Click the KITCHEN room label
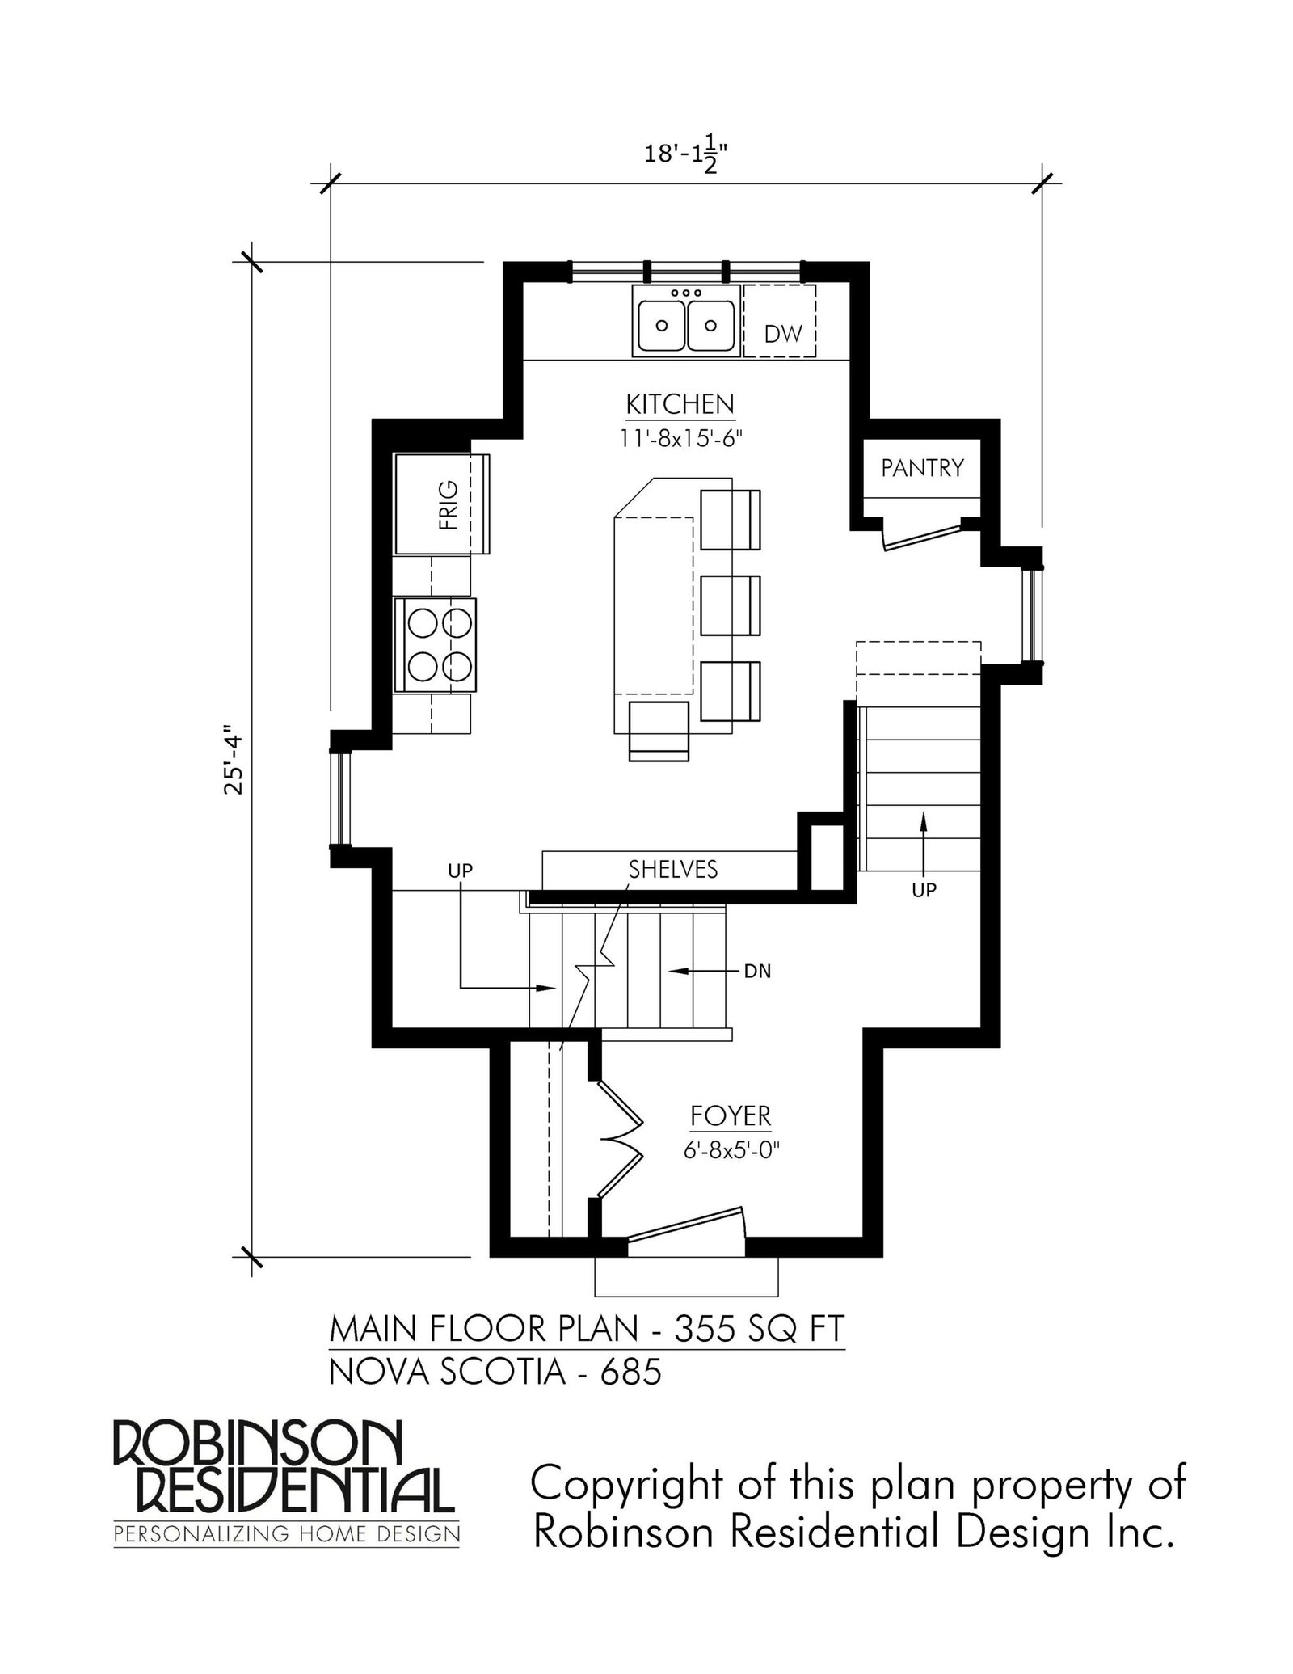click(680, 403)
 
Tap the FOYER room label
click(731, 1116)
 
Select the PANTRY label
click(922, 467)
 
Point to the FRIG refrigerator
click(441, 504)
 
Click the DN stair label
click(757, 971)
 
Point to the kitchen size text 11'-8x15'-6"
click(680, 439)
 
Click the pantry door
click(922, 534)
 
